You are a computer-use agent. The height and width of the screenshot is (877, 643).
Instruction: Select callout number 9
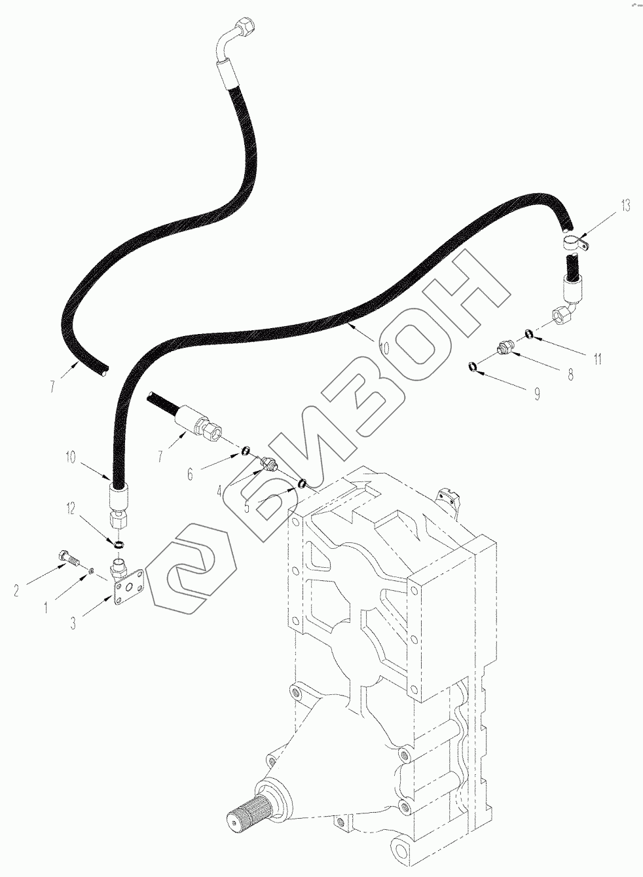pos(537,394)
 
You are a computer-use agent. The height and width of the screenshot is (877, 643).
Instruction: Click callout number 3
pos(73,624)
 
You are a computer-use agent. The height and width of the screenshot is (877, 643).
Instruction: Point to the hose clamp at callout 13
pos(574,245)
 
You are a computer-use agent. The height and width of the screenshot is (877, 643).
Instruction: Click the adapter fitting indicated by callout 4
pos(268,465)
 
